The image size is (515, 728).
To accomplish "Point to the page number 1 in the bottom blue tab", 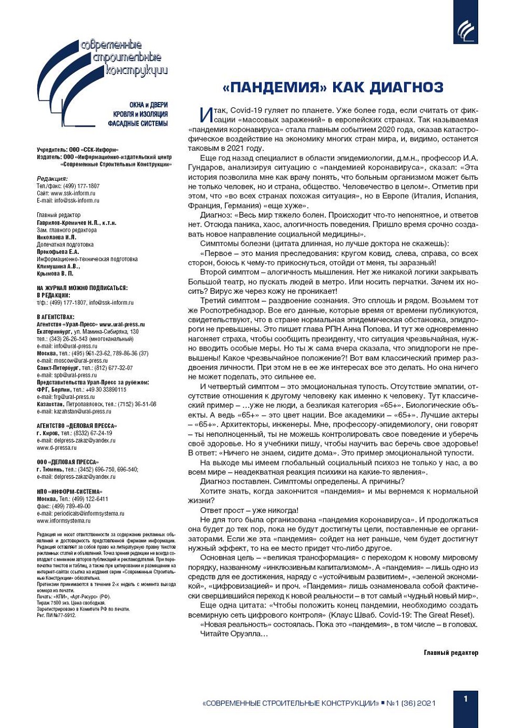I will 466,699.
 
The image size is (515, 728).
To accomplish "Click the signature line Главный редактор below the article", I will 451,653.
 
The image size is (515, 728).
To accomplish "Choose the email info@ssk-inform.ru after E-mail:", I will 77,200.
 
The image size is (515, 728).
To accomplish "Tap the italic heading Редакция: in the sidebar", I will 52,179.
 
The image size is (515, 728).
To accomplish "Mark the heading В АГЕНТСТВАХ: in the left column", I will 56,317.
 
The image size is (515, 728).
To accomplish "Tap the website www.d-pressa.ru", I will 56,448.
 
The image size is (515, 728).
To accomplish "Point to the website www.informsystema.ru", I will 64,521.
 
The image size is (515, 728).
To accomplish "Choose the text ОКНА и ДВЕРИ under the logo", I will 149,105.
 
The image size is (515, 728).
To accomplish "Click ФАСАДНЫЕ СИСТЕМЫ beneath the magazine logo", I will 138,124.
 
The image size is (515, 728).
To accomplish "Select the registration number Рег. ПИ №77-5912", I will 56,615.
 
